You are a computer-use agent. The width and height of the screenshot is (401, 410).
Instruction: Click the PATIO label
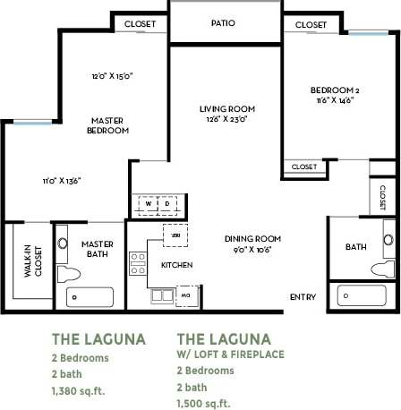coord(224,23)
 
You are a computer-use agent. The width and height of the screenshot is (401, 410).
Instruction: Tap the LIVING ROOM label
coord(223,108)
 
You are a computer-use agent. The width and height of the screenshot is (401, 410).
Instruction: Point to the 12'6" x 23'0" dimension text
coord(223,119)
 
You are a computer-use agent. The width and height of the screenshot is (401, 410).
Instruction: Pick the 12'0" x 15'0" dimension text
coord(112,75)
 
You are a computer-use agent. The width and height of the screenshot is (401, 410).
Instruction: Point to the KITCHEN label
coord(177,266)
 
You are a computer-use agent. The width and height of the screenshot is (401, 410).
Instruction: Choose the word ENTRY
coord(303,297)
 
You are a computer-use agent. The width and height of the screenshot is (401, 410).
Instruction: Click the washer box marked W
coord(148,202)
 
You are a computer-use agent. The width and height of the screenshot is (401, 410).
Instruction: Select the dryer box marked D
coord(166,202)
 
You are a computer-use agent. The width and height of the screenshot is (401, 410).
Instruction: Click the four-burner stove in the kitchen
coord(139,262)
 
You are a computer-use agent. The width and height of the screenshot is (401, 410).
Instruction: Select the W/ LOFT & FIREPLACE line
coord(230,354)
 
